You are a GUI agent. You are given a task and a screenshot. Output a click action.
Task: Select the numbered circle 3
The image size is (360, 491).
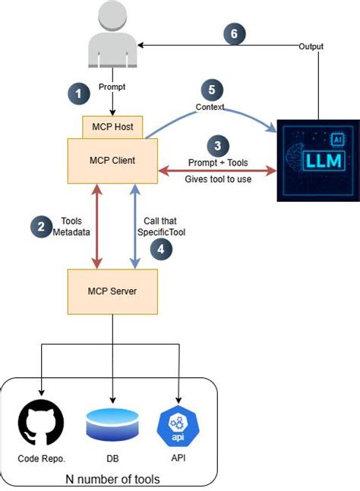[217, 146]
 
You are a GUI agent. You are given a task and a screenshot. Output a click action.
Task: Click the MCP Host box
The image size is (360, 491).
[112, 127]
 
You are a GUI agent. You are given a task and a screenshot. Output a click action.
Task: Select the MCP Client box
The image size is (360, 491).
[112, 162]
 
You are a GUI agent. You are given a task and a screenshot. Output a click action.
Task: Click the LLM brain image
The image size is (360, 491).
[314, 160]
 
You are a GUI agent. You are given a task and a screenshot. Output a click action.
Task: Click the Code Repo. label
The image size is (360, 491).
[42, 460]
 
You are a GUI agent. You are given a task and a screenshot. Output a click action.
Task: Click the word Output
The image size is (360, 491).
[310, 46]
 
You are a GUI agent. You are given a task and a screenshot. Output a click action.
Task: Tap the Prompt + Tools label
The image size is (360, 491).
[218, 162]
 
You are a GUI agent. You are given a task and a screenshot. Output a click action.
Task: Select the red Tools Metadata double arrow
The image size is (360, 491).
[96, 226]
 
